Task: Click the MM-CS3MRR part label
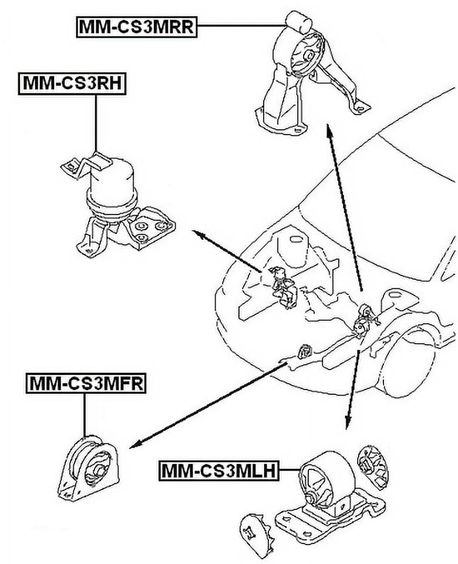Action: pos(136,26)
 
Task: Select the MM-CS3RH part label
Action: pos(72,83)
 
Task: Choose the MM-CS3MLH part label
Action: pos(218,470)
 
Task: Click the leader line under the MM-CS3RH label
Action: pos(95,120)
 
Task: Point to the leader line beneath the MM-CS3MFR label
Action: pos(85,414)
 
